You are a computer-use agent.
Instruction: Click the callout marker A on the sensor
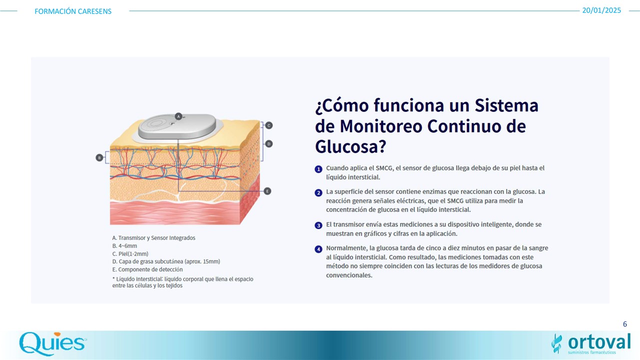coord(178,116)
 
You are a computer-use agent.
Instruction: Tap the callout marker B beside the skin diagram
coord(99,157)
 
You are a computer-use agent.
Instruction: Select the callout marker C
coord(269,125)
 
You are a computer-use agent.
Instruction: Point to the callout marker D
coord(269,143)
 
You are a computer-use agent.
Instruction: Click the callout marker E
coord(267,191)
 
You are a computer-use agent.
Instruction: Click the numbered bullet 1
coord(318,169)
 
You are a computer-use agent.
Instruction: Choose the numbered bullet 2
coord(318,193)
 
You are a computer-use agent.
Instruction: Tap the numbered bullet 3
coord(318,225)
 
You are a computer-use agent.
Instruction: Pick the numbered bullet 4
coord(318,249)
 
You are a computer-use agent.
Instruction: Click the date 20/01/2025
coord(601,10)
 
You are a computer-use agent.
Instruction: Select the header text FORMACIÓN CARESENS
coord(73,11)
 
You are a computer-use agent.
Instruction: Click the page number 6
coord(625,324)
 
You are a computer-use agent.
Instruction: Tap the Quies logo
coord(53,343)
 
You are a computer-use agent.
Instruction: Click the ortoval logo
coord(591,343)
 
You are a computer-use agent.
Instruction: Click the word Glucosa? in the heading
coord(350,146)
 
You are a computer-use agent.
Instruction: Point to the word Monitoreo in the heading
coord(381,126)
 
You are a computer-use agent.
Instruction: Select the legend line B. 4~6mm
coord(124,245)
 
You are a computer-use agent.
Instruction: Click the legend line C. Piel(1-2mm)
coord(130,253)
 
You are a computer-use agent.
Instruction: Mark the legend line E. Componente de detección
coord(147,269)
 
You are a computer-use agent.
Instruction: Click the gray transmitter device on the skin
coord(177,126)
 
